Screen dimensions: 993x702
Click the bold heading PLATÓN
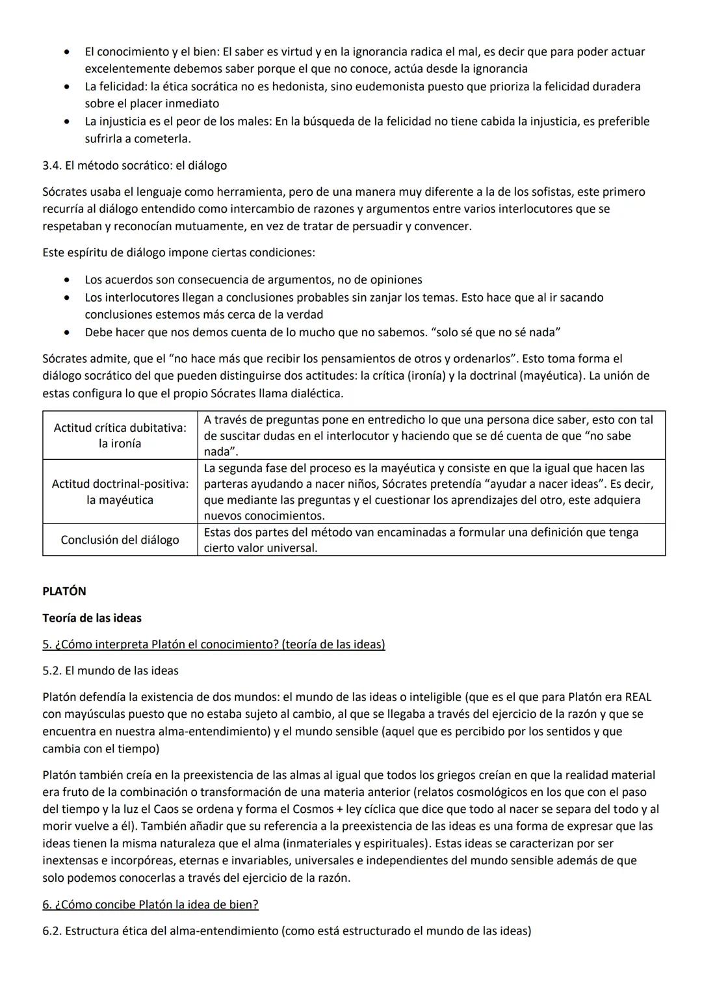[x=64, y=591]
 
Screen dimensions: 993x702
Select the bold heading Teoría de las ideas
[x=92, y=618]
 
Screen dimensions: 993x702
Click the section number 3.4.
[x=52, y=166]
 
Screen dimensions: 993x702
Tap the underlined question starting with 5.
[x=213, y=644]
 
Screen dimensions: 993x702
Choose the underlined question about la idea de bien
[x=150, y=905]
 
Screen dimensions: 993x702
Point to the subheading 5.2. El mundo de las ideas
[x=110, y=670]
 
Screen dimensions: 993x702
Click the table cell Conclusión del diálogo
[x=120, y=540]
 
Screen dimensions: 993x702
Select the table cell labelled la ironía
[x=120, y=444]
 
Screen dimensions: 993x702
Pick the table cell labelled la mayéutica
[x=120, y=500]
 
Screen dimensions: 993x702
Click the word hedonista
[x=298, y=86]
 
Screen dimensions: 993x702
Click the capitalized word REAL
[x=638, y=697]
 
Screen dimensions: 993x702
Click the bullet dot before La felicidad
[x=67, y=86]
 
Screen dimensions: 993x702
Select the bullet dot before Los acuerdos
[x=67, y=280]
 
